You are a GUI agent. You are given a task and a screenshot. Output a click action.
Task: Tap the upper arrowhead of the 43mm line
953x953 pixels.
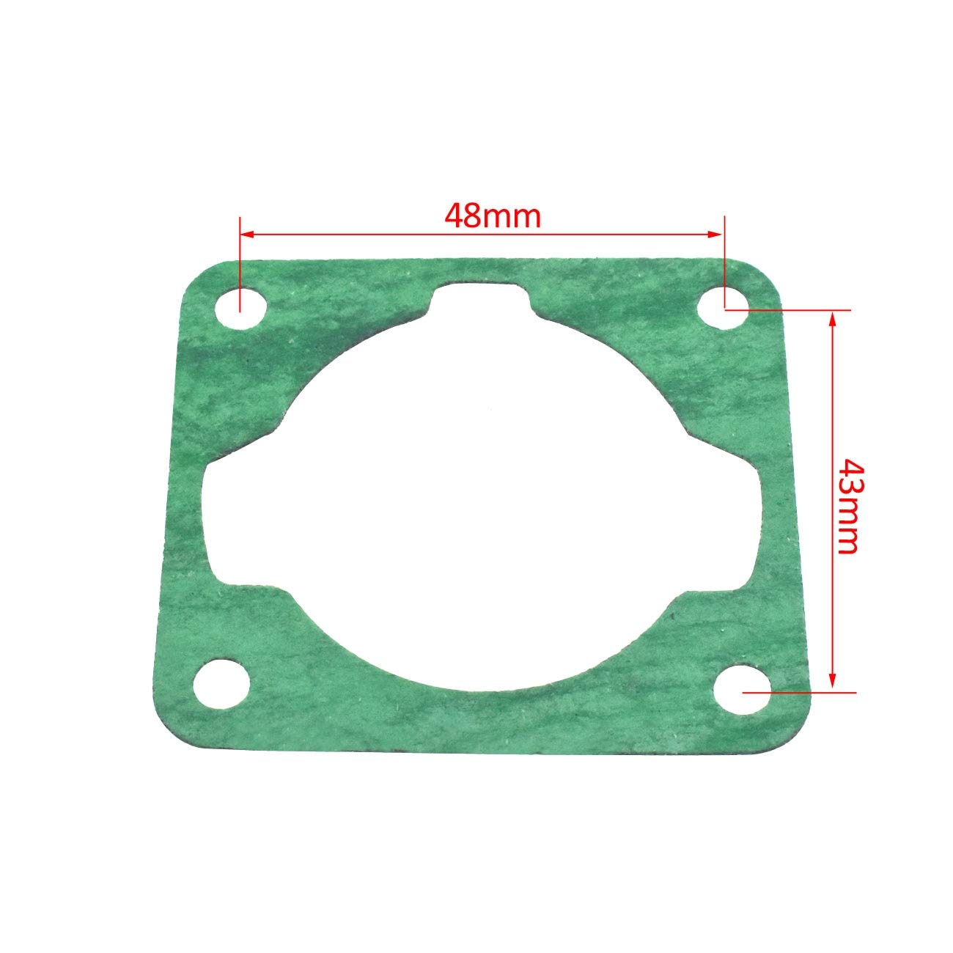832,317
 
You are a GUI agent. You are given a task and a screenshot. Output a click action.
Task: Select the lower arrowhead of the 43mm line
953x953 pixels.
832,683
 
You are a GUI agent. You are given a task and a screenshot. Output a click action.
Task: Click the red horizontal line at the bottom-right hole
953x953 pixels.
799,691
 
